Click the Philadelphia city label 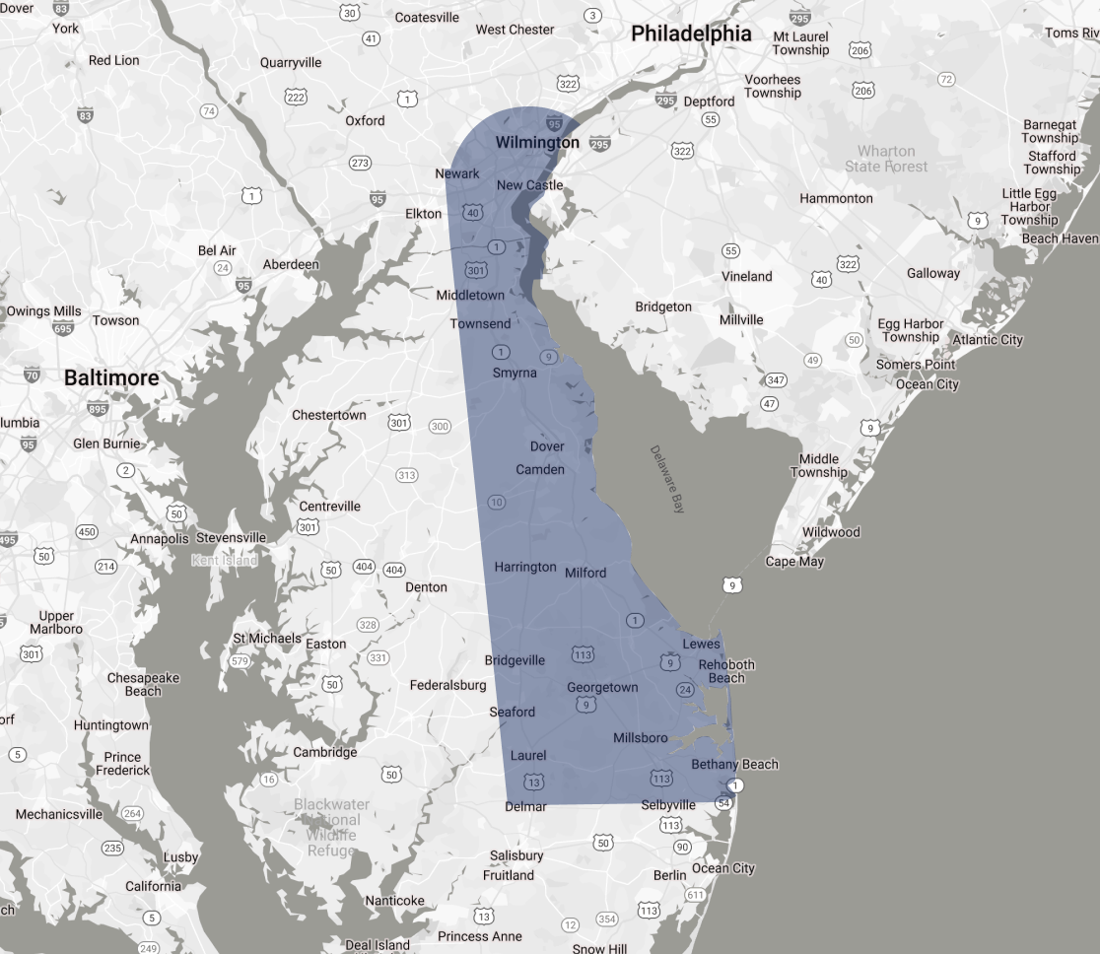click(691, 34)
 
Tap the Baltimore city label click(111, 377)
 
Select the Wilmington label click(537, 143)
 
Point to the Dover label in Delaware click(547, 446)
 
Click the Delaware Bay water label click(666, 480)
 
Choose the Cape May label click(794, 562)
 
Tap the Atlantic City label click(987, 340)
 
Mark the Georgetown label click(602, 687)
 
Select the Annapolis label click(159, 539)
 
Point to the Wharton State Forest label click(886, 159)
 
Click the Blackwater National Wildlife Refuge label click(331, 827)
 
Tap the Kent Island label click(224, 561)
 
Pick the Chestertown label click(328, 415)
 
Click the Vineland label click(746, 276)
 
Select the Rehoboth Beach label click(726, 671)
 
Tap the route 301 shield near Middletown click(476, 270)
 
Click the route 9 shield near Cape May click(731, 586)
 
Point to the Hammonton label click(836, 198)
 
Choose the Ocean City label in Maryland click(722, 868)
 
